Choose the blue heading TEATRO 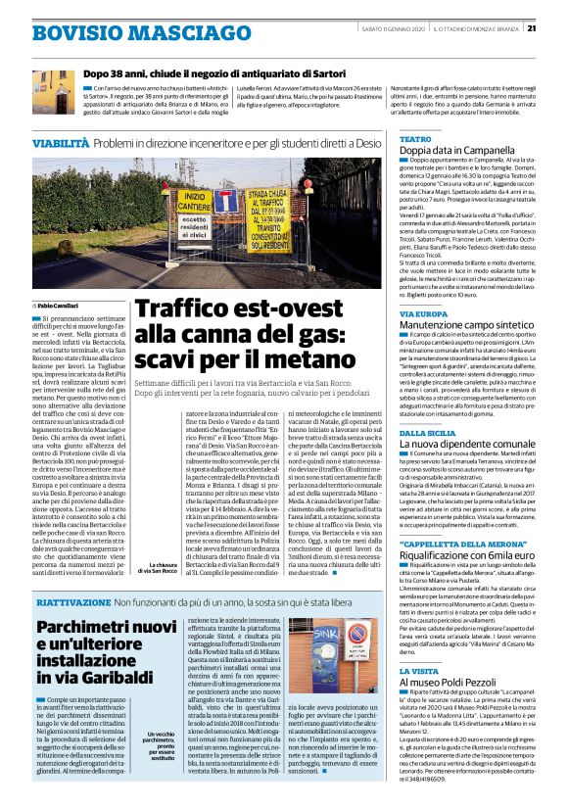tap(415, 139)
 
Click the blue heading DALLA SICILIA tap(429, 431)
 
